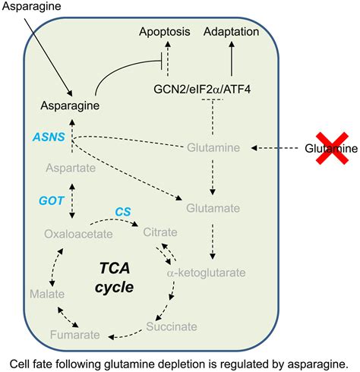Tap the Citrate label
pos(160,231)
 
